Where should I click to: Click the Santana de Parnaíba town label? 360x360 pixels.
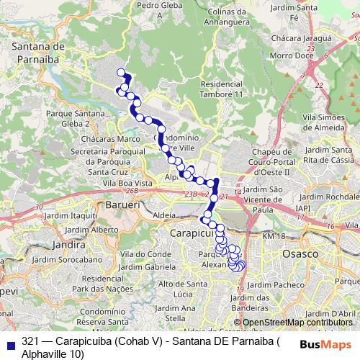[40, 52]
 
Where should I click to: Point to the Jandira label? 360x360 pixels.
[70, 244]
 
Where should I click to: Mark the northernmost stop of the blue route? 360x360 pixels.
[121, 72]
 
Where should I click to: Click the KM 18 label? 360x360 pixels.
[274, 236]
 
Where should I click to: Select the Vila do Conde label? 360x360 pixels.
[145, 253]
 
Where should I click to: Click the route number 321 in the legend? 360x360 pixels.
[30, 341]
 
